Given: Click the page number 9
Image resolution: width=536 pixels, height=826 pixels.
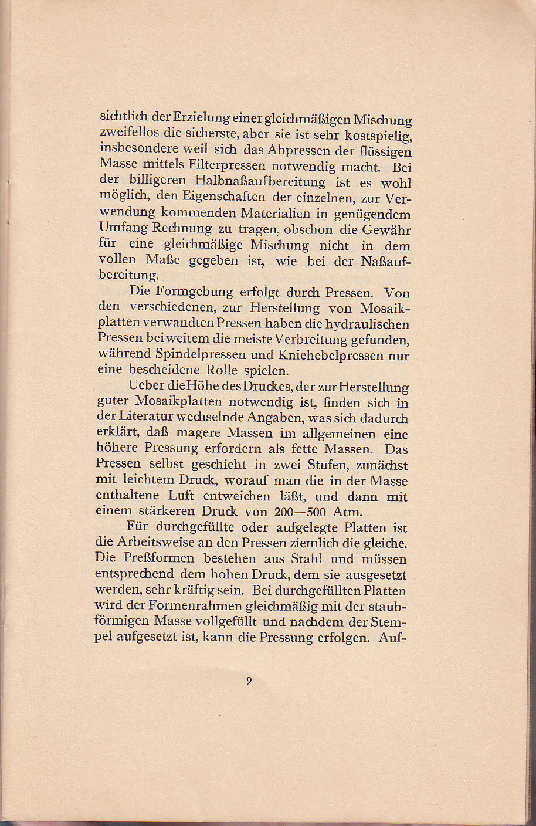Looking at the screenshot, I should pyautogui.click(x=249, y=681).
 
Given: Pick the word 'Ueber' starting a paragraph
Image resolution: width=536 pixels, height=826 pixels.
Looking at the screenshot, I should pyautogui.click(x=145, y=387).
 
